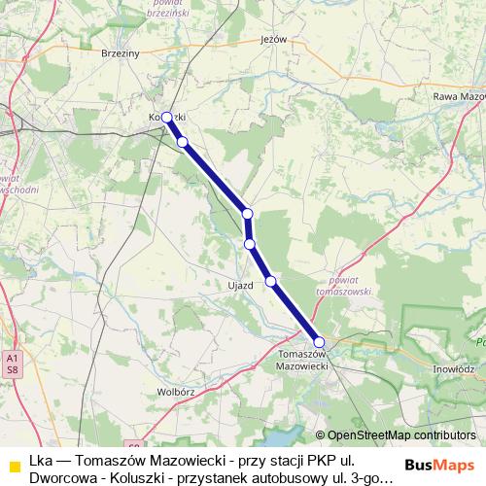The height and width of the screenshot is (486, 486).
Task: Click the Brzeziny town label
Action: pyautogui.click(x=121, y=55)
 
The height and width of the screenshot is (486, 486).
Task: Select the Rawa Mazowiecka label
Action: pyautogui.click(x=458, y=96)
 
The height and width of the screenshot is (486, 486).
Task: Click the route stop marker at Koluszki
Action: pyautogui.click(x=166, y=117)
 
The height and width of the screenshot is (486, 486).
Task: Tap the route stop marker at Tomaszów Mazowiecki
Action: pyautogui.click(x=319, y=341)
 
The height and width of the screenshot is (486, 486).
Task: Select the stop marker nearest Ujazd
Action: pyautogui.click(x=271, y=281)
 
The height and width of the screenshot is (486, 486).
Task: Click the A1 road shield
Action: pyautogui.click(x=11, y=358)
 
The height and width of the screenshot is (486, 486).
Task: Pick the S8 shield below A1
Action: pyautogui.click(x=11, y=370)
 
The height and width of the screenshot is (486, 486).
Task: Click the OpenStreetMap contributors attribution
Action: pyautogui.click(x=401, y=435)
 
